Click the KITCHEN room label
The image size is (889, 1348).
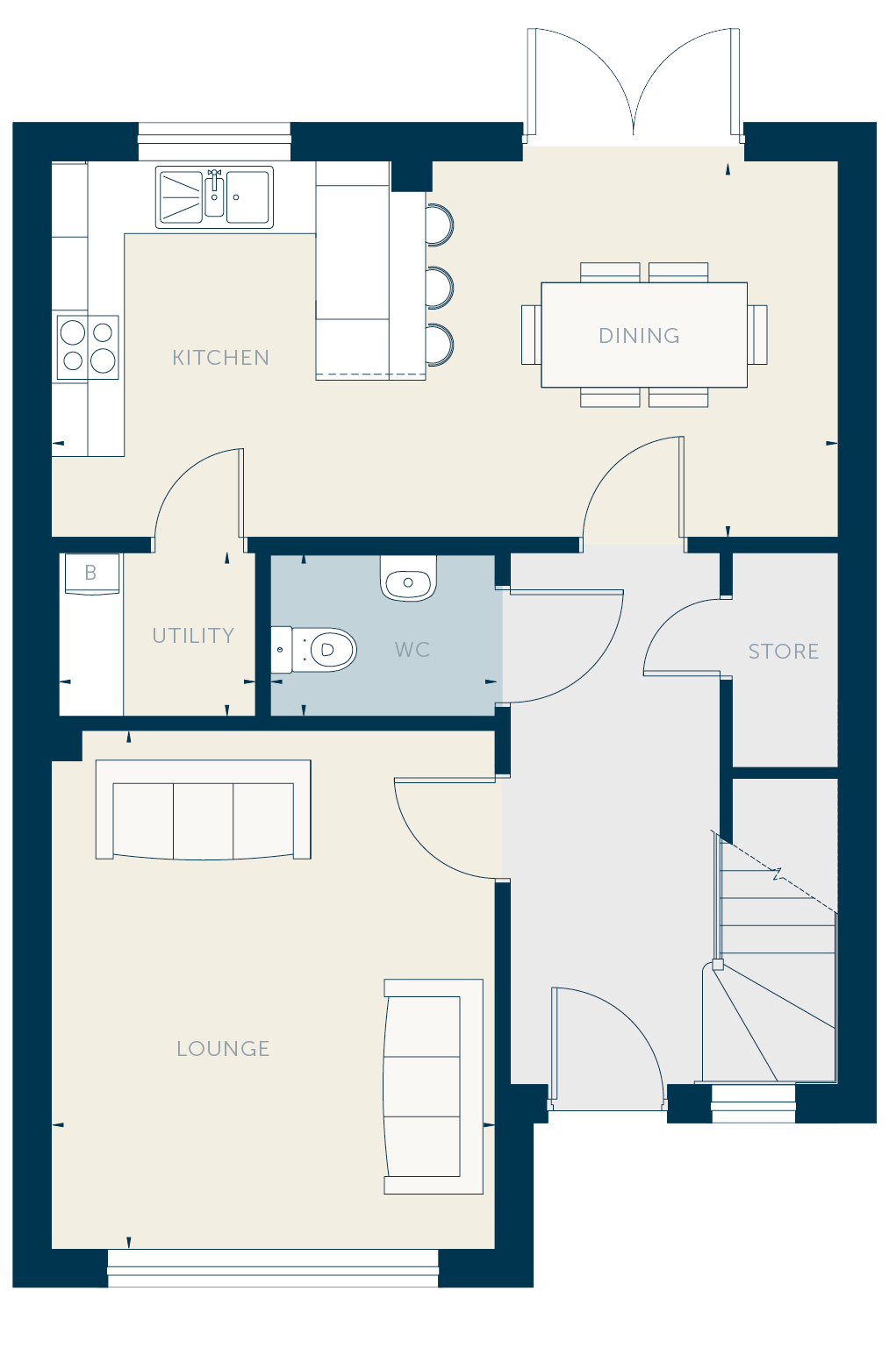220,358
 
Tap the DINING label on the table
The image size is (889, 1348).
639,336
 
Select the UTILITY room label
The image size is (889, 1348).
193,636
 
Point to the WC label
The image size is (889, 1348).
412,650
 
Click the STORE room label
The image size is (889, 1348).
784,651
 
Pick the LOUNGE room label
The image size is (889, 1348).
223,1049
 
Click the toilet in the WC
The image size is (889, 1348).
313,650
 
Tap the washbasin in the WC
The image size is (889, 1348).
408,578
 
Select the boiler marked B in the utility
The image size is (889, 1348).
91,574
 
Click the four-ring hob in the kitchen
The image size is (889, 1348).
88,347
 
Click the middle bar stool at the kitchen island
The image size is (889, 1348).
440,288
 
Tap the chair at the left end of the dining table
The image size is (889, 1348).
531,335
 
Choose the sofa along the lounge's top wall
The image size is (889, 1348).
204,810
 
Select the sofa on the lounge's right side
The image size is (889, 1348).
433,1087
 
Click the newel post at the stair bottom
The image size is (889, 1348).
717,965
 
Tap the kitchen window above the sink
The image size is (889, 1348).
214,141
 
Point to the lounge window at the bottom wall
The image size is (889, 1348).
273,1268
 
